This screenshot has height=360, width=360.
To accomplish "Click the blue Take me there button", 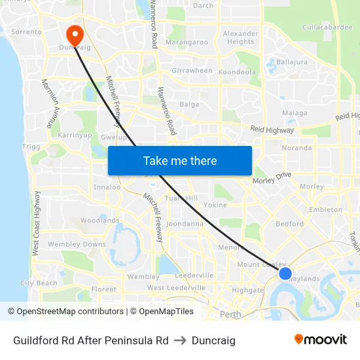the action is pyautogui.click(x=180, y=160).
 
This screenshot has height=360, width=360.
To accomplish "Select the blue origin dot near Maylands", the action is pyautogui.click(x=285, y=273).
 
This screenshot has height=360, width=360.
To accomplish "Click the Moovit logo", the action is pyautogui.click(x=320, y=340).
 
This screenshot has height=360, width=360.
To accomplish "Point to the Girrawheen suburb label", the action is pyautogui.click(x=192, y=71).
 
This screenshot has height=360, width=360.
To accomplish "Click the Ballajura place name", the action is pyautogui.click(x=292, y=62).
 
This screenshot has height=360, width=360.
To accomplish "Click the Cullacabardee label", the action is pyautogui.click(x=327, y=27).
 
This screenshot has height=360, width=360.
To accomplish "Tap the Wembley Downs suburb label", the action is pyautogui.click(x=77, y=244).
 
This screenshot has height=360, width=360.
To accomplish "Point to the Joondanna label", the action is pyautogui.click(x=185, y=223).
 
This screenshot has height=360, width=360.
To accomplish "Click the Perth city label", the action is pyautogui.click(x=230, y=314).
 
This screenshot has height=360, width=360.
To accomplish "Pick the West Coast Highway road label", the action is pyautogui.click(x=36, y=223).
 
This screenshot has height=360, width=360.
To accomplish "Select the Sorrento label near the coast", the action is pyautogui.click(x=26, y=31).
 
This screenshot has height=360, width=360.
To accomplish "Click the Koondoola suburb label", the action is pyautogui.click(x=237, y=72).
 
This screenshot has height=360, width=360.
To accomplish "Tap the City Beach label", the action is pyautogui.click(x=39, y=283).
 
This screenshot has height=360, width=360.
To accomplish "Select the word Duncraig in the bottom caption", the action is pyautogui.click(x=213, y=340).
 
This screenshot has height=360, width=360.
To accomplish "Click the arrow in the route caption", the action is pyautogui.click(x=180, y=340).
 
